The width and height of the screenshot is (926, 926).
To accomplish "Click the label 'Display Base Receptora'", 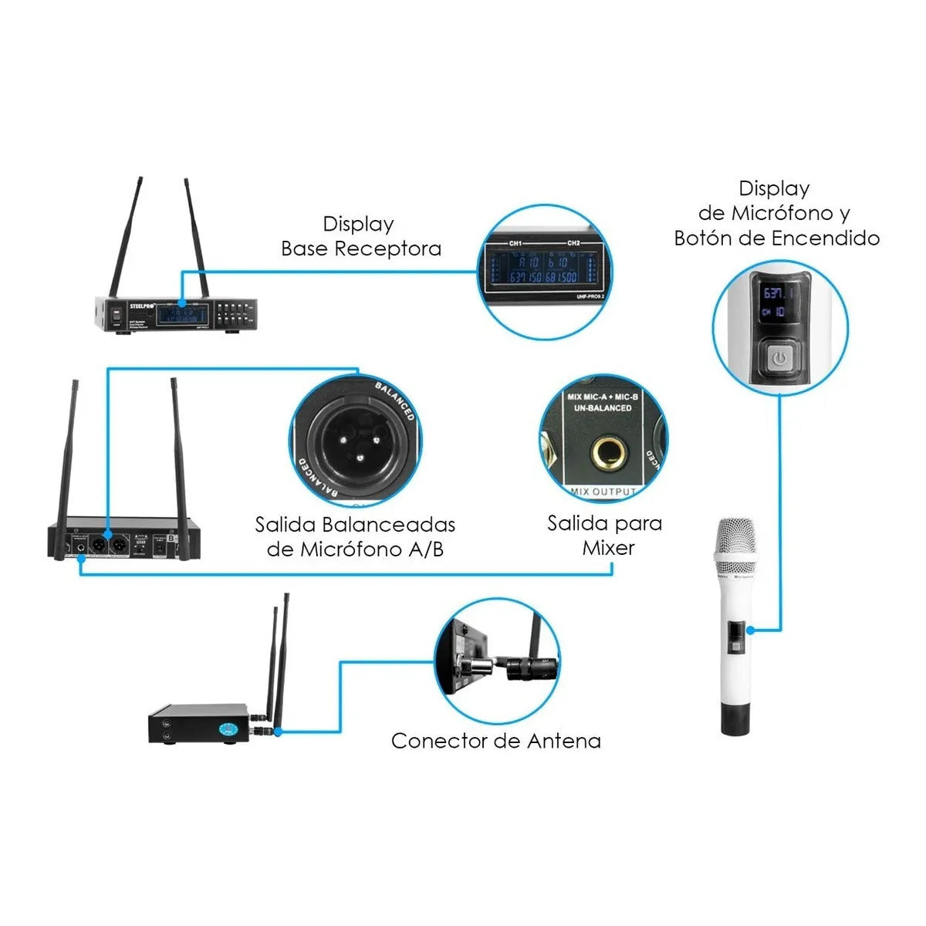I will pos(361,236).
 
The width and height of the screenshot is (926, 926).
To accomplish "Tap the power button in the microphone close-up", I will pos(779,357).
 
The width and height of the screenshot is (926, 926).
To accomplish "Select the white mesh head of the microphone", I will pos(736,549).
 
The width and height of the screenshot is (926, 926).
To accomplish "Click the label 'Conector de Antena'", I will pos(495,741).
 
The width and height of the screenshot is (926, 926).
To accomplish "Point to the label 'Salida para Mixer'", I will pos(605,536).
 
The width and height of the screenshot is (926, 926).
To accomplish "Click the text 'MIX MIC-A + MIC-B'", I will pos(603,397).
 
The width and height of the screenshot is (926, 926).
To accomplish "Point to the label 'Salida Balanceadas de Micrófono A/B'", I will pos(355,537).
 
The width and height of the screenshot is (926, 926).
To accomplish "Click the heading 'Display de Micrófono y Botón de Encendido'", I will pos(776,213).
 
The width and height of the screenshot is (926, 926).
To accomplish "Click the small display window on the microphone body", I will pos(736,630).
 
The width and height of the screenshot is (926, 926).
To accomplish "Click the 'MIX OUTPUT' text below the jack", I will pos(603,492).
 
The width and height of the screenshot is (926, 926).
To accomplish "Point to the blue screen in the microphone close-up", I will pos(775,302).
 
